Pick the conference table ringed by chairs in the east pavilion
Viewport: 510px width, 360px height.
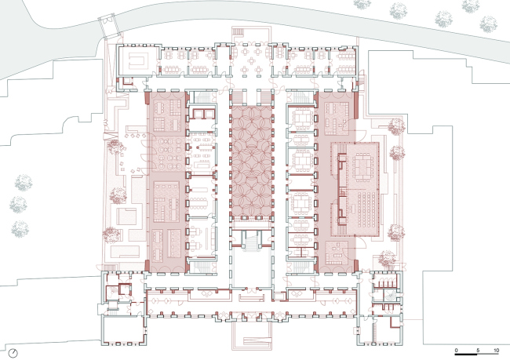pyautogui.click(x=363, y=166)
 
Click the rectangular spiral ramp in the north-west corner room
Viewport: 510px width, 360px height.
pyautogui.click(x=139, y=60)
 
